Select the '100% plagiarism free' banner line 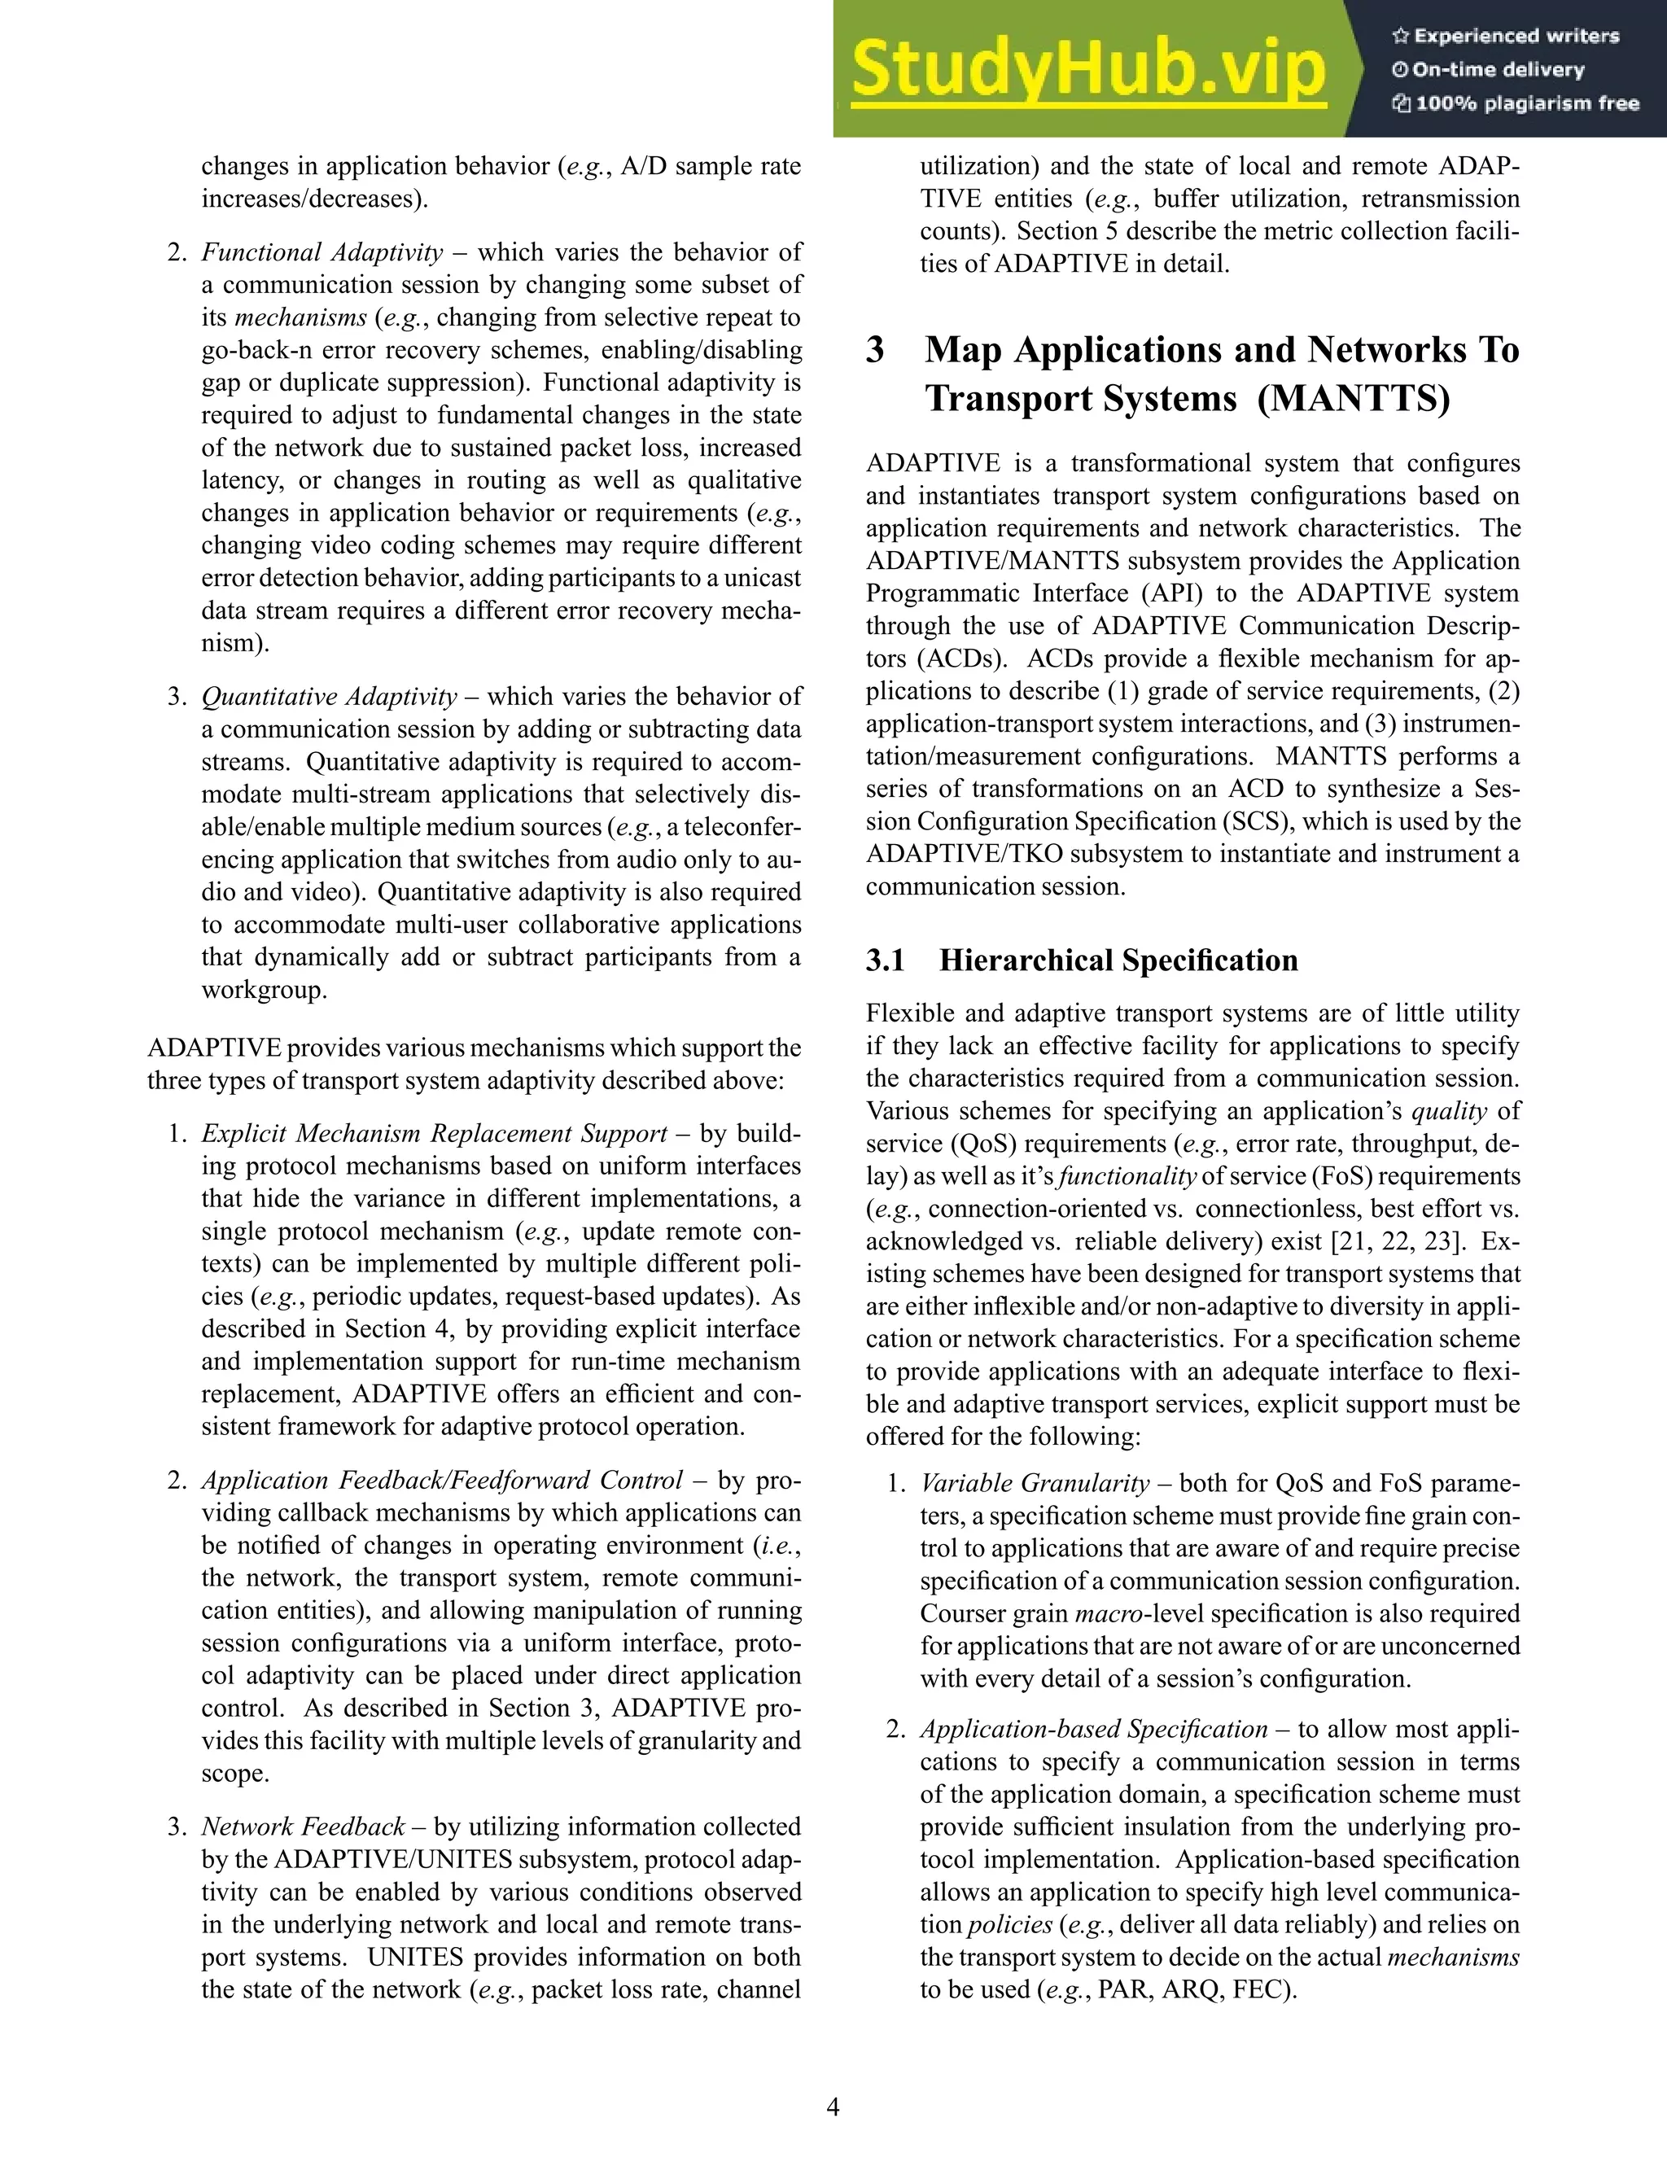pos(1516,103)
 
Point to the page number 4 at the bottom pos(833,2107)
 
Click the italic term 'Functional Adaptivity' pos(322,253)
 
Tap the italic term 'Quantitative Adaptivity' pos(329,698)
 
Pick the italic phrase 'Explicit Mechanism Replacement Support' pos(435,1134)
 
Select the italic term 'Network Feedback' pos(303,1827)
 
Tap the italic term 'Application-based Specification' pos(1093,1730)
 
